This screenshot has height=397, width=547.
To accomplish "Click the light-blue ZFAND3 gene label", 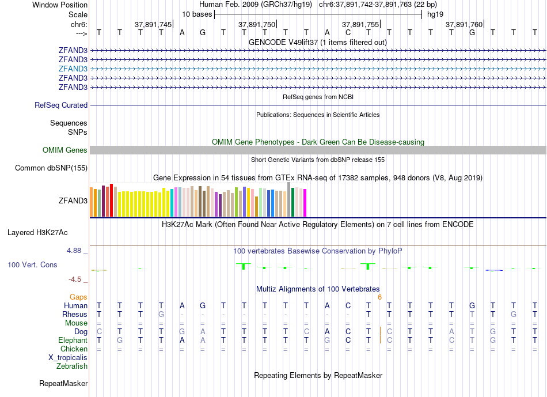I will coord(73,68).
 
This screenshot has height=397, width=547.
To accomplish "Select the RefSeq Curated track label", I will coord(61,105).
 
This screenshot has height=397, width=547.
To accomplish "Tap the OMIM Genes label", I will coord(65,150).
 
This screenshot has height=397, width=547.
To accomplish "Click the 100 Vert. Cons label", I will coord(32,265).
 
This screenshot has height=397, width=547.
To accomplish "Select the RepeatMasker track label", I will coord(63,383).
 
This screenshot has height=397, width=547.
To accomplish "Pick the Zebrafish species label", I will coord(72,366).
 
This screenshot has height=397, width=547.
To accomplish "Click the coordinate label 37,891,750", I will coord(256,25).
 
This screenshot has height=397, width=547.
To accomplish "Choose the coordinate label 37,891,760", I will coord(464,25).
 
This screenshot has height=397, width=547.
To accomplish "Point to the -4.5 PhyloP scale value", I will coord(75,279).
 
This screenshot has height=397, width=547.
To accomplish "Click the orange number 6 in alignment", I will coord(379,297).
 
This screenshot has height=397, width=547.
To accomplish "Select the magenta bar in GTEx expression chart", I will coord(305,203).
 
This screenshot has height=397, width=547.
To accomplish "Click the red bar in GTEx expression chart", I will coord(111,200).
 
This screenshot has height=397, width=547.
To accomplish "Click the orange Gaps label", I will coord(78,297).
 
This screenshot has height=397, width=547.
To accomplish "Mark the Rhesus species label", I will coord(75,315).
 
